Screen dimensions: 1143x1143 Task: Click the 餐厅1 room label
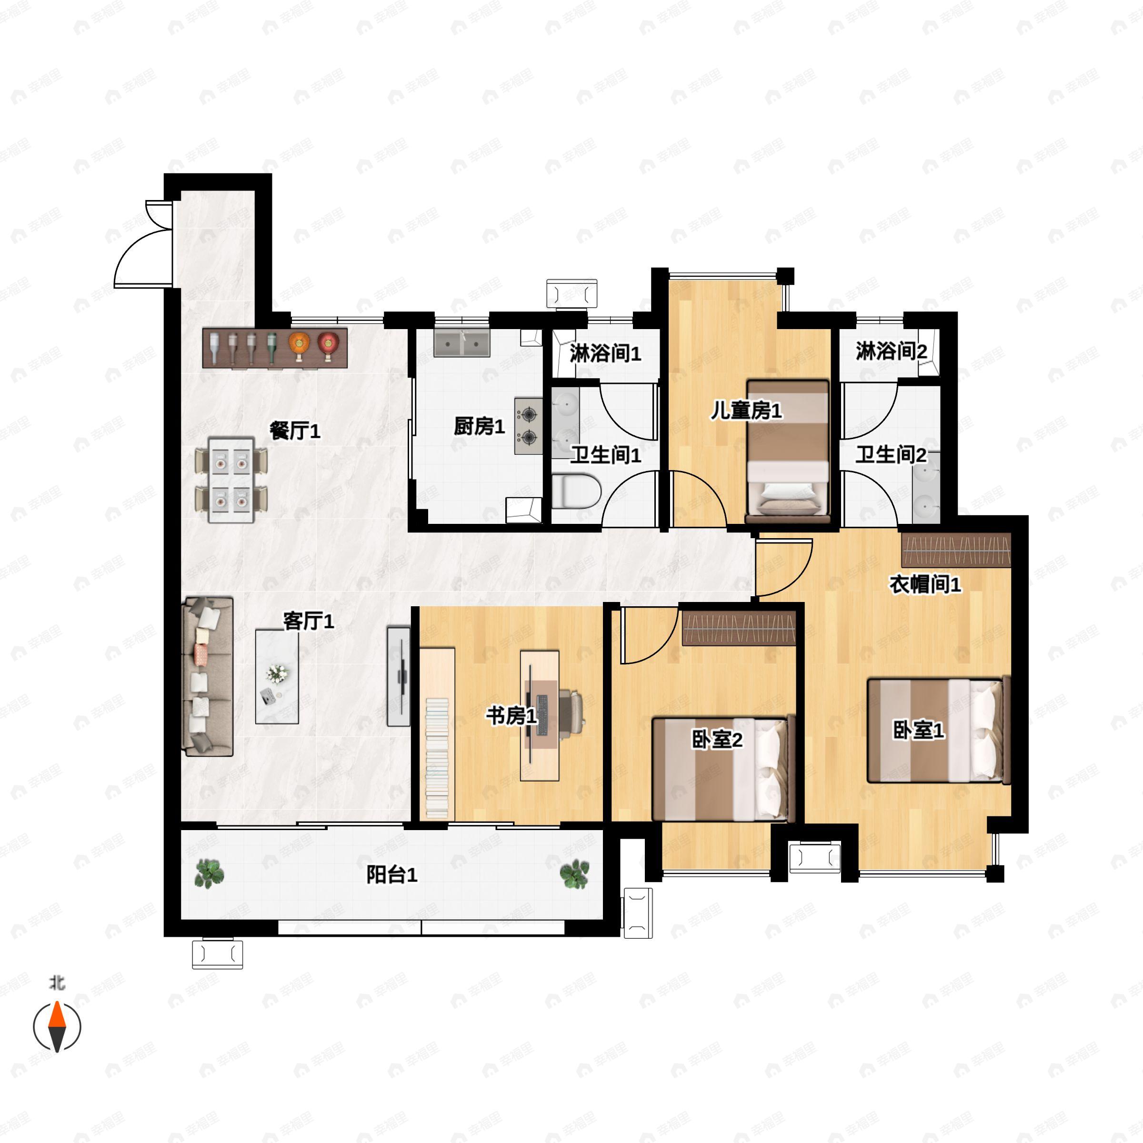(295, 431)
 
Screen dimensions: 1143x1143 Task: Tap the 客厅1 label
(308, 621)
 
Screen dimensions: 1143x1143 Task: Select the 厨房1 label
(479, 426)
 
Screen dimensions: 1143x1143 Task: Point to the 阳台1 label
(391, 874)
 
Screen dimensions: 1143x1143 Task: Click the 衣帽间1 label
(925, 584)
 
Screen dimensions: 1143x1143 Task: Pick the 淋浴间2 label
(891, 351)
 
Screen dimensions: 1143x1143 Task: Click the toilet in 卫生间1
(577, 491)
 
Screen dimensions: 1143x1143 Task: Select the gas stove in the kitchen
(528, 425)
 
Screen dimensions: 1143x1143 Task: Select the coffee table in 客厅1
(277, 676)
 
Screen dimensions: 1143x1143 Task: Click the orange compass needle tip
(57, 1002)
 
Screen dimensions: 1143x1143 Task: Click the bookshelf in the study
(437, 734)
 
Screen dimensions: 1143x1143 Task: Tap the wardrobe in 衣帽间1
(956, 550)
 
